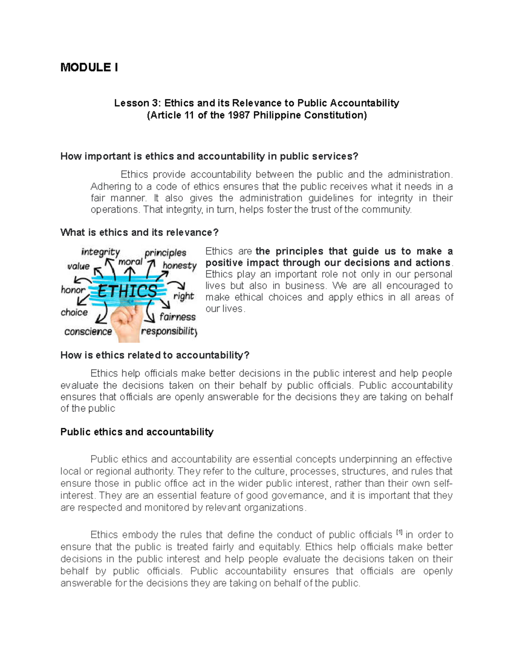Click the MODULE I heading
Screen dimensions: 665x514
(89, 67)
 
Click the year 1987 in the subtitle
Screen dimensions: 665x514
(239, 115)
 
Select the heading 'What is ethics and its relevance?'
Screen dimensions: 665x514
(139, 233)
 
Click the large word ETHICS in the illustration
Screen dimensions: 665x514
(127, 291)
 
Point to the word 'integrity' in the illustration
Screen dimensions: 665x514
(100, 252)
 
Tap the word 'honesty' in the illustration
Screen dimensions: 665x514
(179, 265)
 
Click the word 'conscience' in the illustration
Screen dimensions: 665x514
(88, 331)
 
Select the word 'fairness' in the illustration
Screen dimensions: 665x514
(177, 317)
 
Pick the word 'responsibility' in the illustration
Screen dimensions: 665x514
(169, 331)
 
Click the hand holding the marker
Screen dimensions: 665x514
(126, 323)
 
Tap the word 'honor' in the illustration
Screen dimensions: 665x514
(73, 290)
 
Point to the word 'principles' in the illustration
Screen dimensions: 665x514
(165, 253)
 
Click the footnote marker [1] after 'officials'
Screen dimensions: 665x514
(399, 533)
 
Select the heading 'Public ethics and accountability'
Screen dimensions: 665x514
(137, 432)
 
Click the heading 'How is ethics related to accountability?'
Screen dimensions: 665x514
(155, 355)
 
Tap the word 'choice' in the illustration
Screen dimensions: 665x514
(74, 312)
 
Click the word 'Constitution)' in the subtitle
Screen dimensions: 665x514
(337, 115)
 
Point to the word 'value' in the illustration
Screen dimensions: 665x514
(78, 266)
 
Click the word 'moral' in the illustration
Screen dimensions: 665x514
(130, 262)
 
